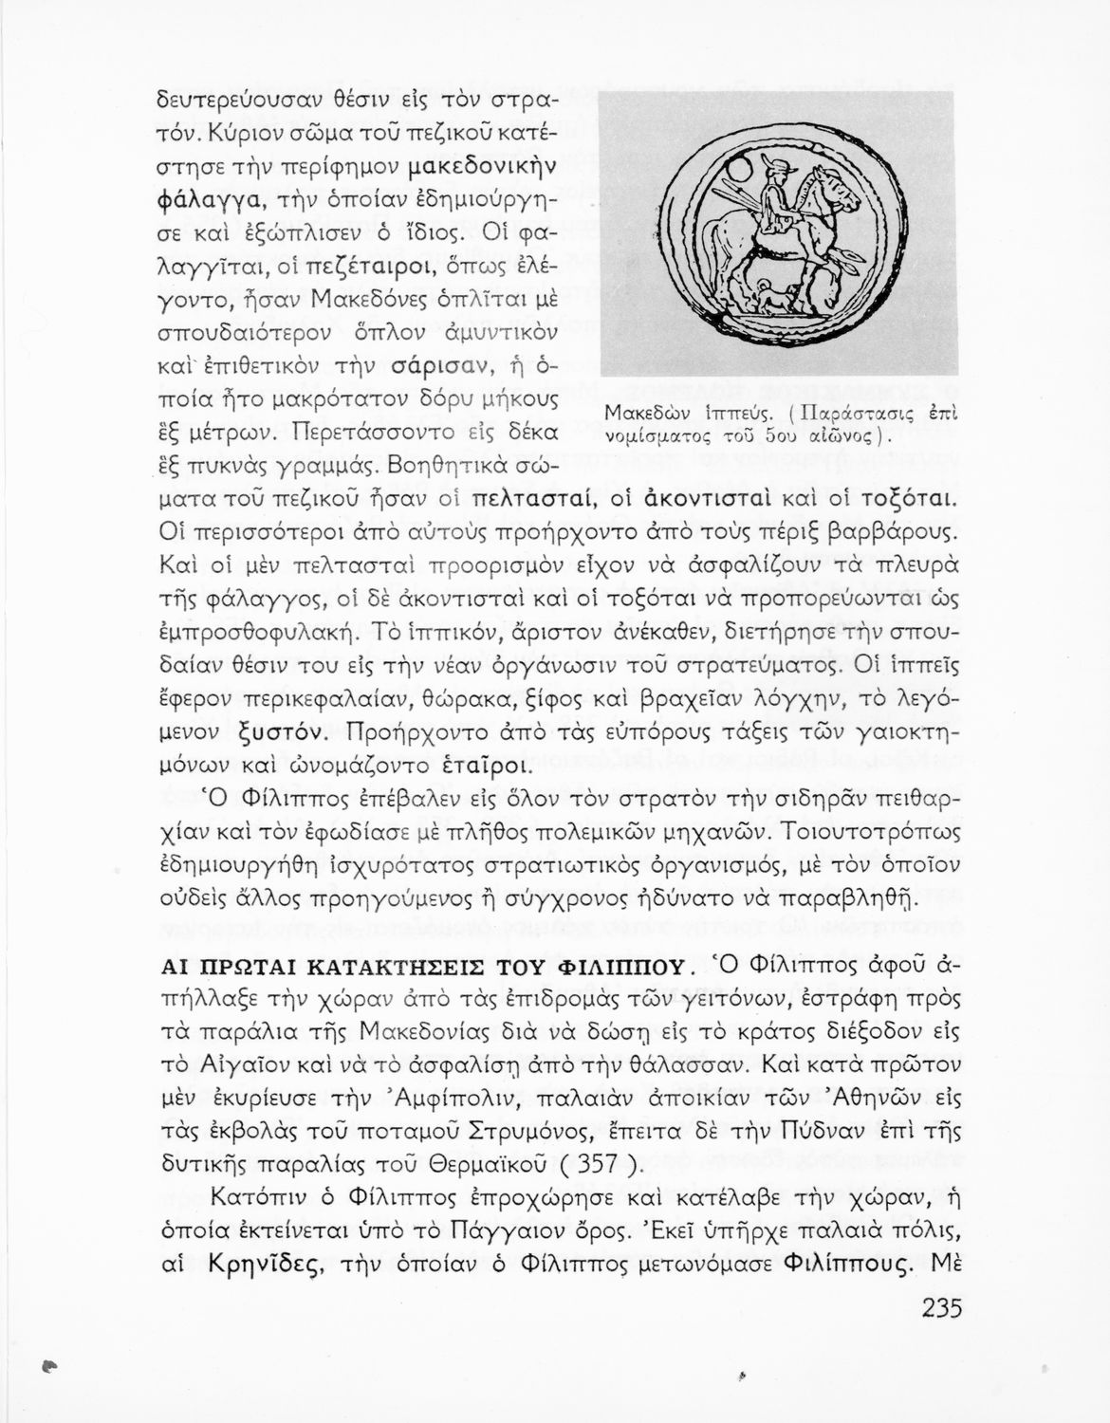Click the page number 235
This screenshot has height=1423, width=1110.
coord(941,1308)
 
